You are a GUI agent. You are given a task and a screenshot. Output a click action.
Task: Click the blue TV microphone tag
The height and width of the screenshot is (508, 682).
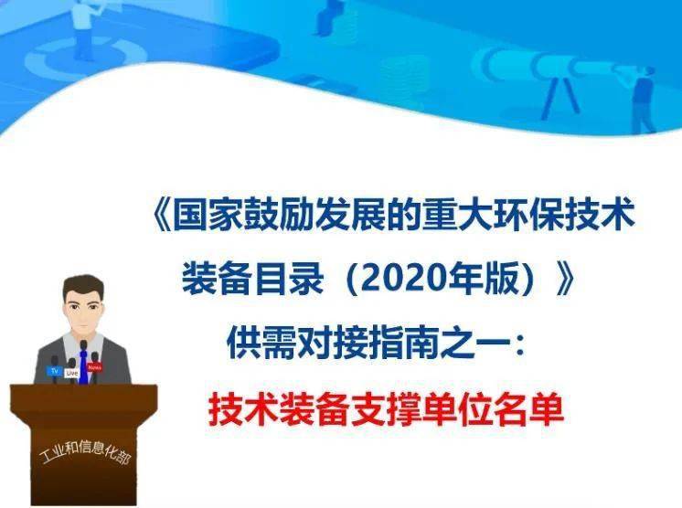(54, 371)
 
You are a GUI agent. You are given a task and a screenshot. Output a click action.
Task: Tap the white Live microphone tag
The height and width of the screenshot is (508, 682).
(72, 374)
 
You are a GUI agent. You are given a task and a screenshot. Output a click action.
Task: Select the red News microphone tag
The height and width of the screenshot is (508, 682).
(95, 367)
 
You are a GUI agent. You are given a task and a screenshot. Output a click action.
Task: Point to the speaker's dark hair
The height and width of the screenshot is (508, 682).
(83, 285)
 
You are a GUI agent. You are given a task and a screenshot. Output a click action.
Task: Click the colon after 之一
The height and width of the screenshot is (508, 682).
(519, 345)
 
